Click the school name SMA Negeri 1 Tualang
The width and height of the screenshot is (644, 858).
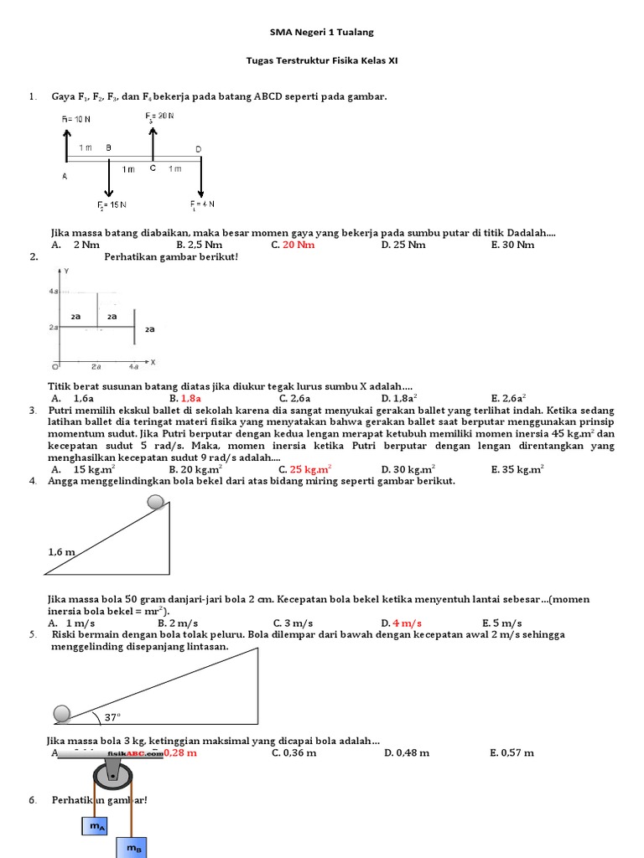point(322,32)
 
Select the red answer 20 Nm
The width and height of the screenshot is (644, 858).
point(299,245)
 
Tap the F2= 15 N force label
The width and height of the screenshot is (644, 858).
point(111,204)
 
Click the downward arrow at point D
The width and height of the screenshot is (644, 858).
point(201,177)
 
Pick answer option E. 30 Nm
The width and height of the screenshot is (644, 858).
point(512,245)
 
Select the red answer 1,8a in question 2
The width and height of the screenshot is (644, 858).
point(190,399)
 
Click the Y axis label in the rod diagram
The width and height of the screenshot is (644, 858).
point(66,272)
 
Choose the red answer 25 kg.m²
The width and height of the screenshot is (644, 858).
point(310,469)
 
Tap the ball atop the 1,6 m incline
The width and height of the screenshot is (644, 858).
point(156,502)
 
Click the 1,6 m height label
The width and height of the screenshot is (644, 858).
point(62,552)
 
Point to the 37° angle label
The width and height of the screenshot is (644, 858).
point(113,716)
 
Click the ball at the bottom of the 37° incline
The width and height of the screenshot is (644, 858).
point(63,713)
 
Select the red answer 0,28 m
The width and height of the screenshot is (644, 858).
point(180,752)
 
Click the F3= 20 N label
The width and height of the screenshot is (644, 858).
point(159,115)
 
